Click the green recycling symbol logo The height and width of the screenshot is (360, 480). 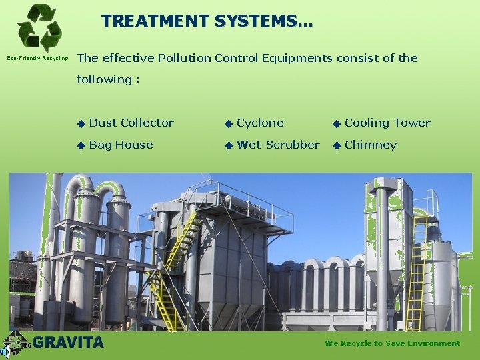tap(39, 27)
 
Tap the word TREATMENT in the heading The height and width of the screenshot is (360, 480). tap(155, 21)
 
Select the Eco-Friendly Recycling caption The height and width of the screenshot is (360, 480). tap(37, 59)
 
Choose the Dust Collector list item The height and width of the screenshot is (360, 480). tap(131, 123)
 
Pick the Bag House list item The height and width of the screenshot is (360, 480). tap(121, 145)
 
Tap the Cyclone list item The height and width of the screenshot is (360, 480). tap(260, 123)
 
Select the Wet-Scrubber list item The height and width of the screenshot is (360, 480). tap(278, 145)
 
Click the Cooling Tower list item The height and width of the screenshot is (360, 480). tap(387, 123)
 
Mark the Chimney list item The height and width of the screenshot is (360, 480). tap(371, 145)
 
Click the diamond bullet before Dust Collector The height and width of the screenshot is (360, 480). tap(81, 123)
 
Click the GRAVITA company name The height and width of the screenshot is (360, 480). tap(68, 343)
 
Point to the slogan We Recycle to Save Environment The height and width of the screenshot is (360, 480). tap(392, 343)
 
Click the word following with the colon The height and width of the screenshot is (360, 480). tap(107, 79)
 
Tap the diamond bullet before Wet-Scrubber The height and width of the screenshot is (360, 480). tap(229, 145)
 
